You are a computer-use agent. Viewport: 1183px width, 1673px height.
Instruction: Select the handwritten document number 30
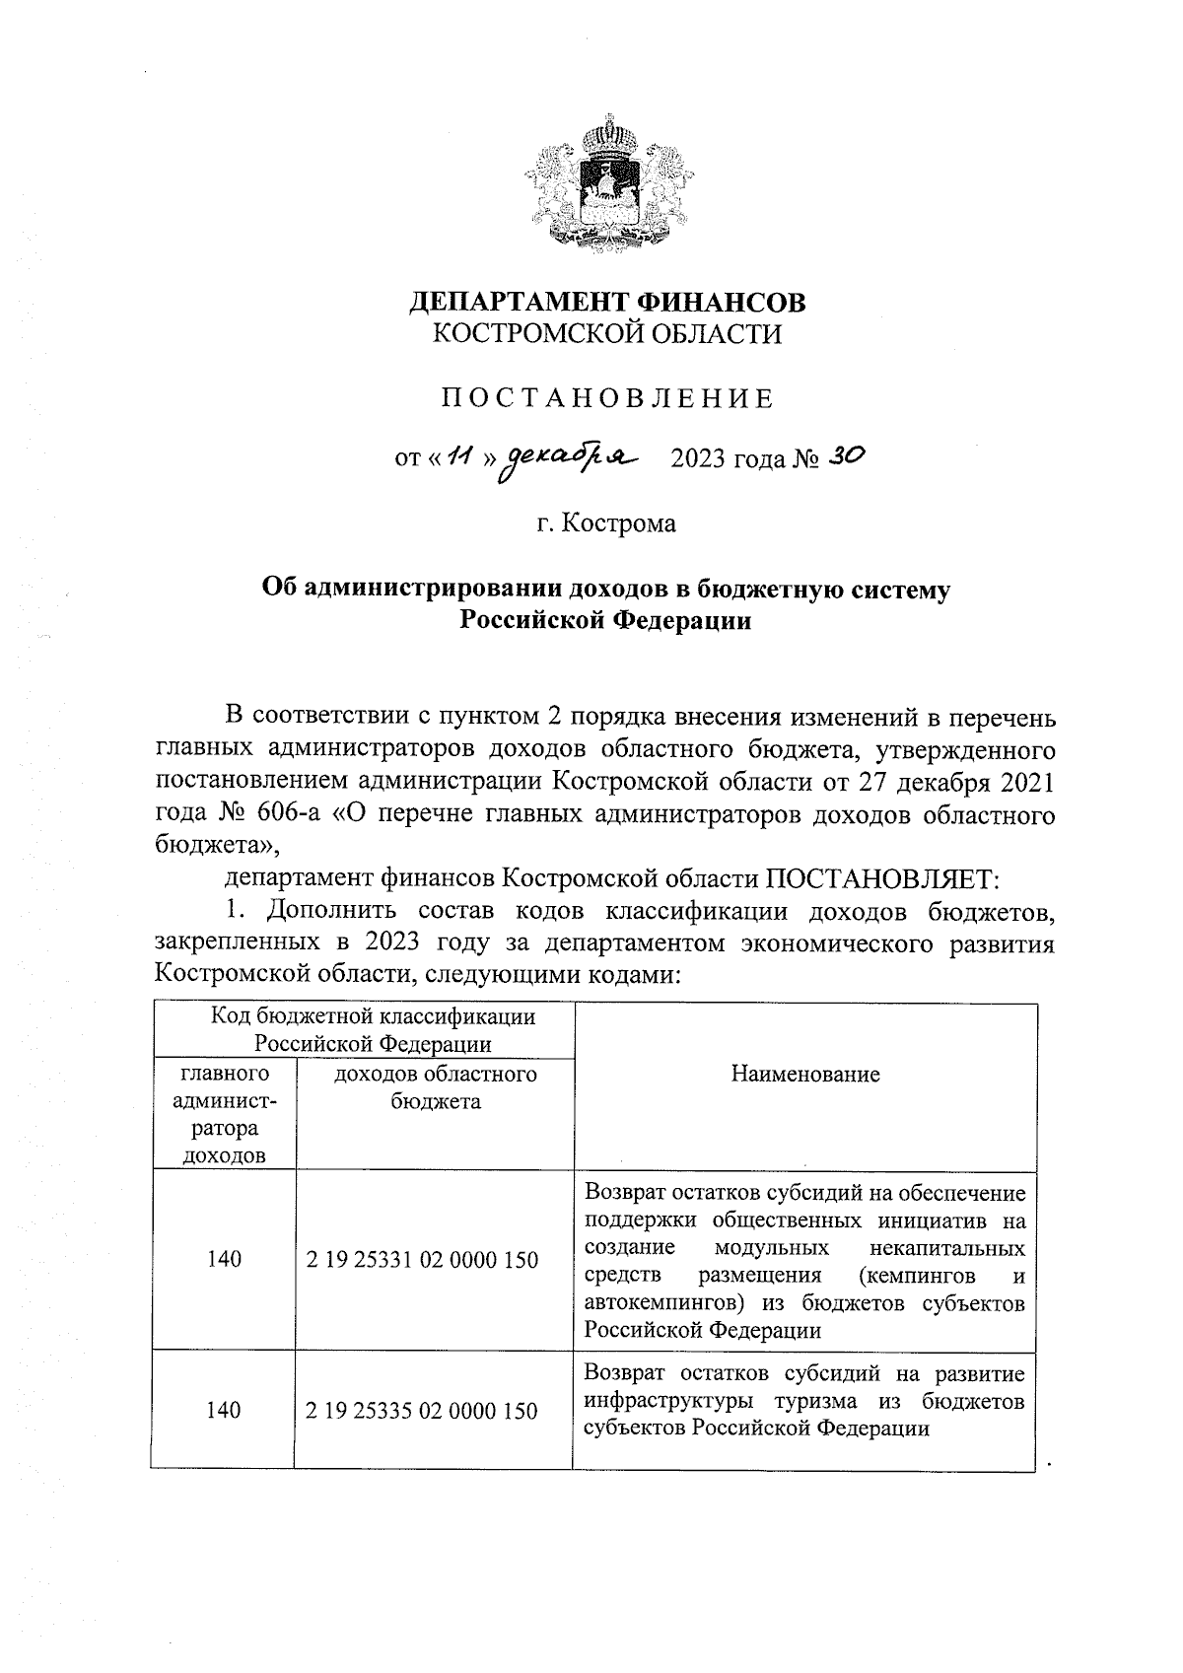pos(845,455)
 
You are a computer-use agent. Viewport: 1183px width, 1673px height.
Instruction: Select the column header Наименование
pos(804,1075)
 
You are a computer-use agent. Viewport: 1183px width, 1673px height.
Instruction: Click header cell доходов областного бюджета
pos(435,1087)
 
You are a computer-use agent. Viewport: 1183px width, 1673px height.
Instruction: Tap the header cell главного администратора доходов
pos(224,1114)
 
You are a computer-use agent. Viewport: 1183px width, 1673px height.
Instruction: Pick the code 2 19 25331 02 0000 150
pos(422,1259)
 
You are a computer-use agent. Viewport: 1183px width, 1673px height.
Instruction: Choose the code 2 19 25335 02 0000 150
pos(422,1411)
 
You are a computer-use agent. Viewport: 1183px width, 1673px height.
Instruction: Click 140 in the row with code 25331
pos(224,1259)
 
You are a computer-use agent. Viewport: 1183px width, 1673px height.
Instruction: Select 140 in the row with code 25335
pos(224,1411)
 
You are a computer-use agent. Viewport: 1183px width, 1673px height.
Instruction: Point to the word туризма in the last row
pos(810,1401)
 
